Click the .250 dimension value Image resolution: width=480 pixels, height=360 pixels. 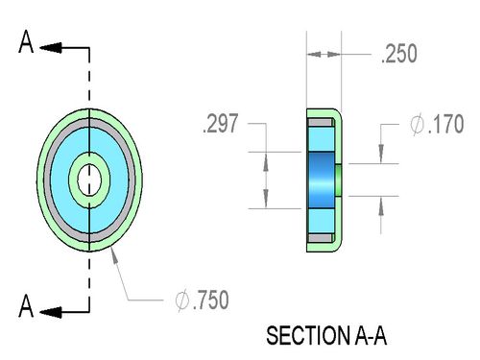coord(399,54)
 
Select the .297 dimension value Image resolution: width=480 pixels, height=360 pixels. coord(221,123)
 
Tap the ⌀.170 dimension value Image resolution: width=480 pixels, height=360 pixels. coord(437,124)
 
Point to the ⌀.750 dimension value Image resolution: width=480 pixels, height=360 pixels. coord(203,300)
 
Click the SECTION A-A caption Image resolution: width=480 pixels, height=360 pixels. coord(326,336)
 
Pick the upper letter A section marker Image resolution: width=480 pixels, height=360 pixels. coord(26,41)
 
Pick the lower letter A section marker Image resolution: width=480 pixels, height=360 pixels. coord(26,306)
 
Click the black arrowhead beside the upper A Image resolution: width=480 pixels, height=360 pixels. coord(51,48)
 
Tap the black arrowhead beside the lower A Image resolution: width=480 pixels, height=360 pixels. coord(51,312)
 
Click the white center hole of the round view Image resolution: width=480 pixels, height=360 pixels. coord(89,180)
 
